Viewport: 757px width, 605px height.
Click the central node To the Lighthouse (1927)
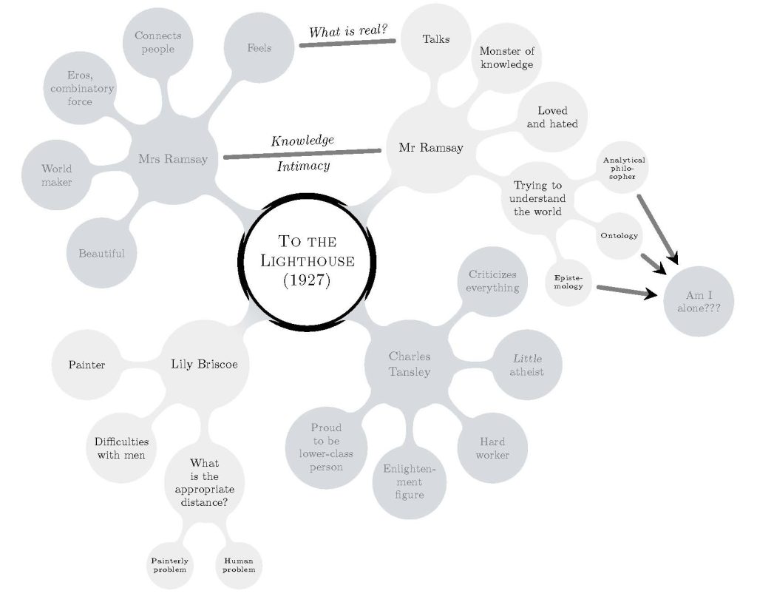307,260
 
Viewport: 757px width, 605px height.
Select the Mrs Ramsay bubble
173,158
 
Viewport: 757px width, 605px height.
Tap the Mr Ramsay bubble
430,148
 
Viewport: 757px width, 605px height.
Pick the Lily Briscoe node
204,364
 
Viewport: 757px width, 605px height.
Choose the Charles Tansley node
409,364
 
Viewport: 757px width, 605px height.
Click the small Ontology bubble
619,236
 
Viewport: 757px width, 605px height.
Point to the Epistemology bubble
568,282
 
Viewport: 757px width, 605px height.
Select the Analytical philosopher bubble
623,168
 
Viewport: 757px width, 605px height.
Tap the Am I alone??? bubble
699,300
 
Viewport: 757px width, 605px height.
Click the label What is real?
348,31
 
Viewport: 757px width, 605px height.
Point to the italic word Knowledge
302,140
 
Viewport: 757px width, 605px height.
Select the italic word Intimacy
303,166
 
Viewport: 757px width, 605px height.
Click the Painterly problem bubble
169,566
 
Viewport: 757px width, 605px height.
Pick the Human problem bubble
239,566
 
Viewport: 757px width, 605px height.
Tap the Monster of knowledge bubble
506,58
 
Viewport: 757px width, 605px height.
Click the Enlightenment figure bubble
409,481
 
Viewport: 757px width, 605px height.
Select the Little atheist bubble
527,365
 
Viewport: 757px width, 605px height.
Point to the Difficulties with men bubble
121,448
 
